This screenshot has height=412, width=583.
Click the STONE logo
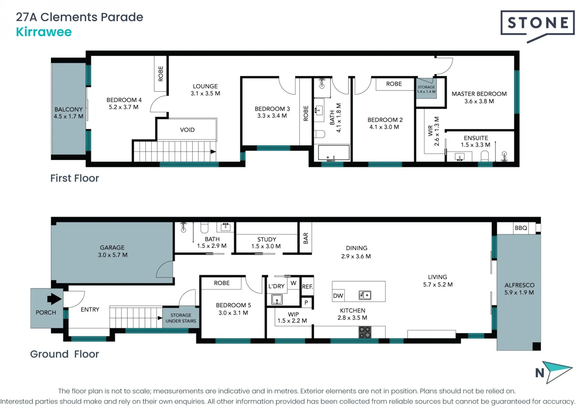(x=537, y=24)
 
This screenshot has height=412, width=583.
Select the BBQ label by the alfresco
(x=521, y=228)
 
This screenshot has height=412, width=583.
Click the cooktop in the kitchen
(x=365, y=332)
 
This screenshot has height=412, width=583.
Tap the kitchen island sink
(x=365, y=295)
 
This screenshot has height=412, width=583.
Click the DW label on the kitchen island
(x=338, y=296)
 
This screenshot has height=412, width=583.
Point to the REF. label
(x=307, y=287)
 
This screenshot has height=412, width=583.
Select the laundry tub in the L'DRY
(x=277, y=299)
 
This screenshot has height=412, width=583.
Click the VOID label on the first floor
(x=187, y=130)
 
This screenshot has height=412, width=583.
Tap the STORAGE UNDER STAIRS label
(x=181, y=318)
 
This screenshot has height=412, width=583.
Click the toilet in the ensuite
(x=485, y=156)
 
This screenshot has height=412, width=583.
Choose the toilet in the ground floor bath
(x=205, y=228)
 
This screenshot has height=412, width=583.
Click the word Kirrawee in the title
(x=44, y=32)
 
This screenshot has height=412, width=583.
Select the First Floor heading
(x=75, y=178)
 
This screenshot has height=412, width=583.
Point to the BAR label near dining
(x=306, y=238)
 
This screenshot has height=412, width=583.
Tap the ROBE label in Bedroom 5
(x=222, y=283)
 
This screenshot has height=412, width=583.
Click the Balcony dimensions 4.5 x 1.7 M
(x=68, y=116)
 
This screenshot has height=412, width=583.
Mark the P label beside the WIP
(x=306, y=303)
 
